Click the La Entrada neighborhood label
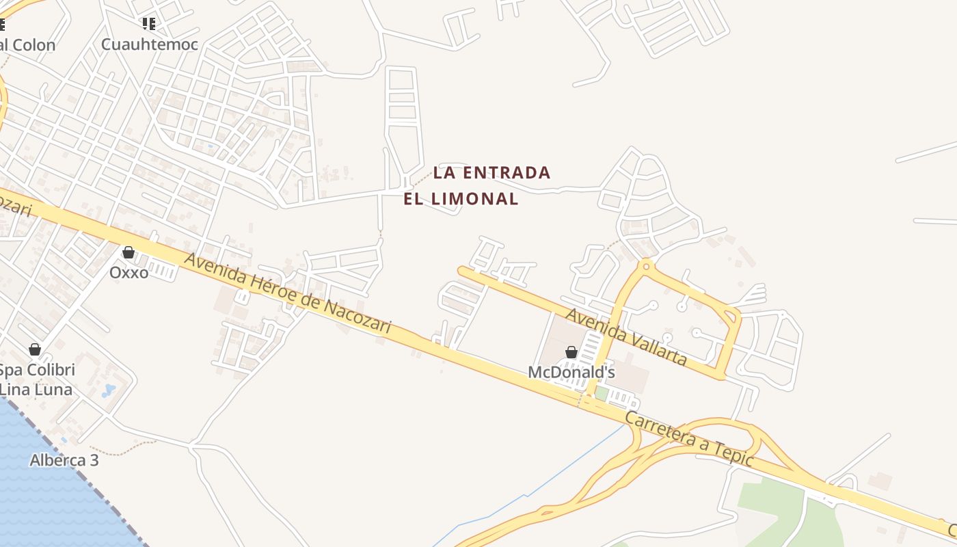491,173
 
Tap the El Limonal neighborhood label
461,199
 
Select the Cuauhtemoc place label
150,44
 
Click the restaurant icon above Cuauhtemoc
149,25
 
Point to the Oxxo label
129,272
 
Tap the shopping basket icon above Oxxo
128,252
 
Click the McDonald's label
571,373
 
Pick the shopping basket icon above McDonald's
571,352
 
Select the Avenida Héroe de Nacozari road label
287,295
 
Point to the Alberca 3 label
64,460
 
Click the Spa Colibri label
36,371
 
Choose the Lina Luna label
36,390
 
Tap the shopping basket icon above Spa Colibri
35,350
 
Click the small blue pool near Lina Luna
109,390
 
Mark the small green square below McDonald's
602,393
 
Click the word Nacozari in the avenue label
357,318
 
